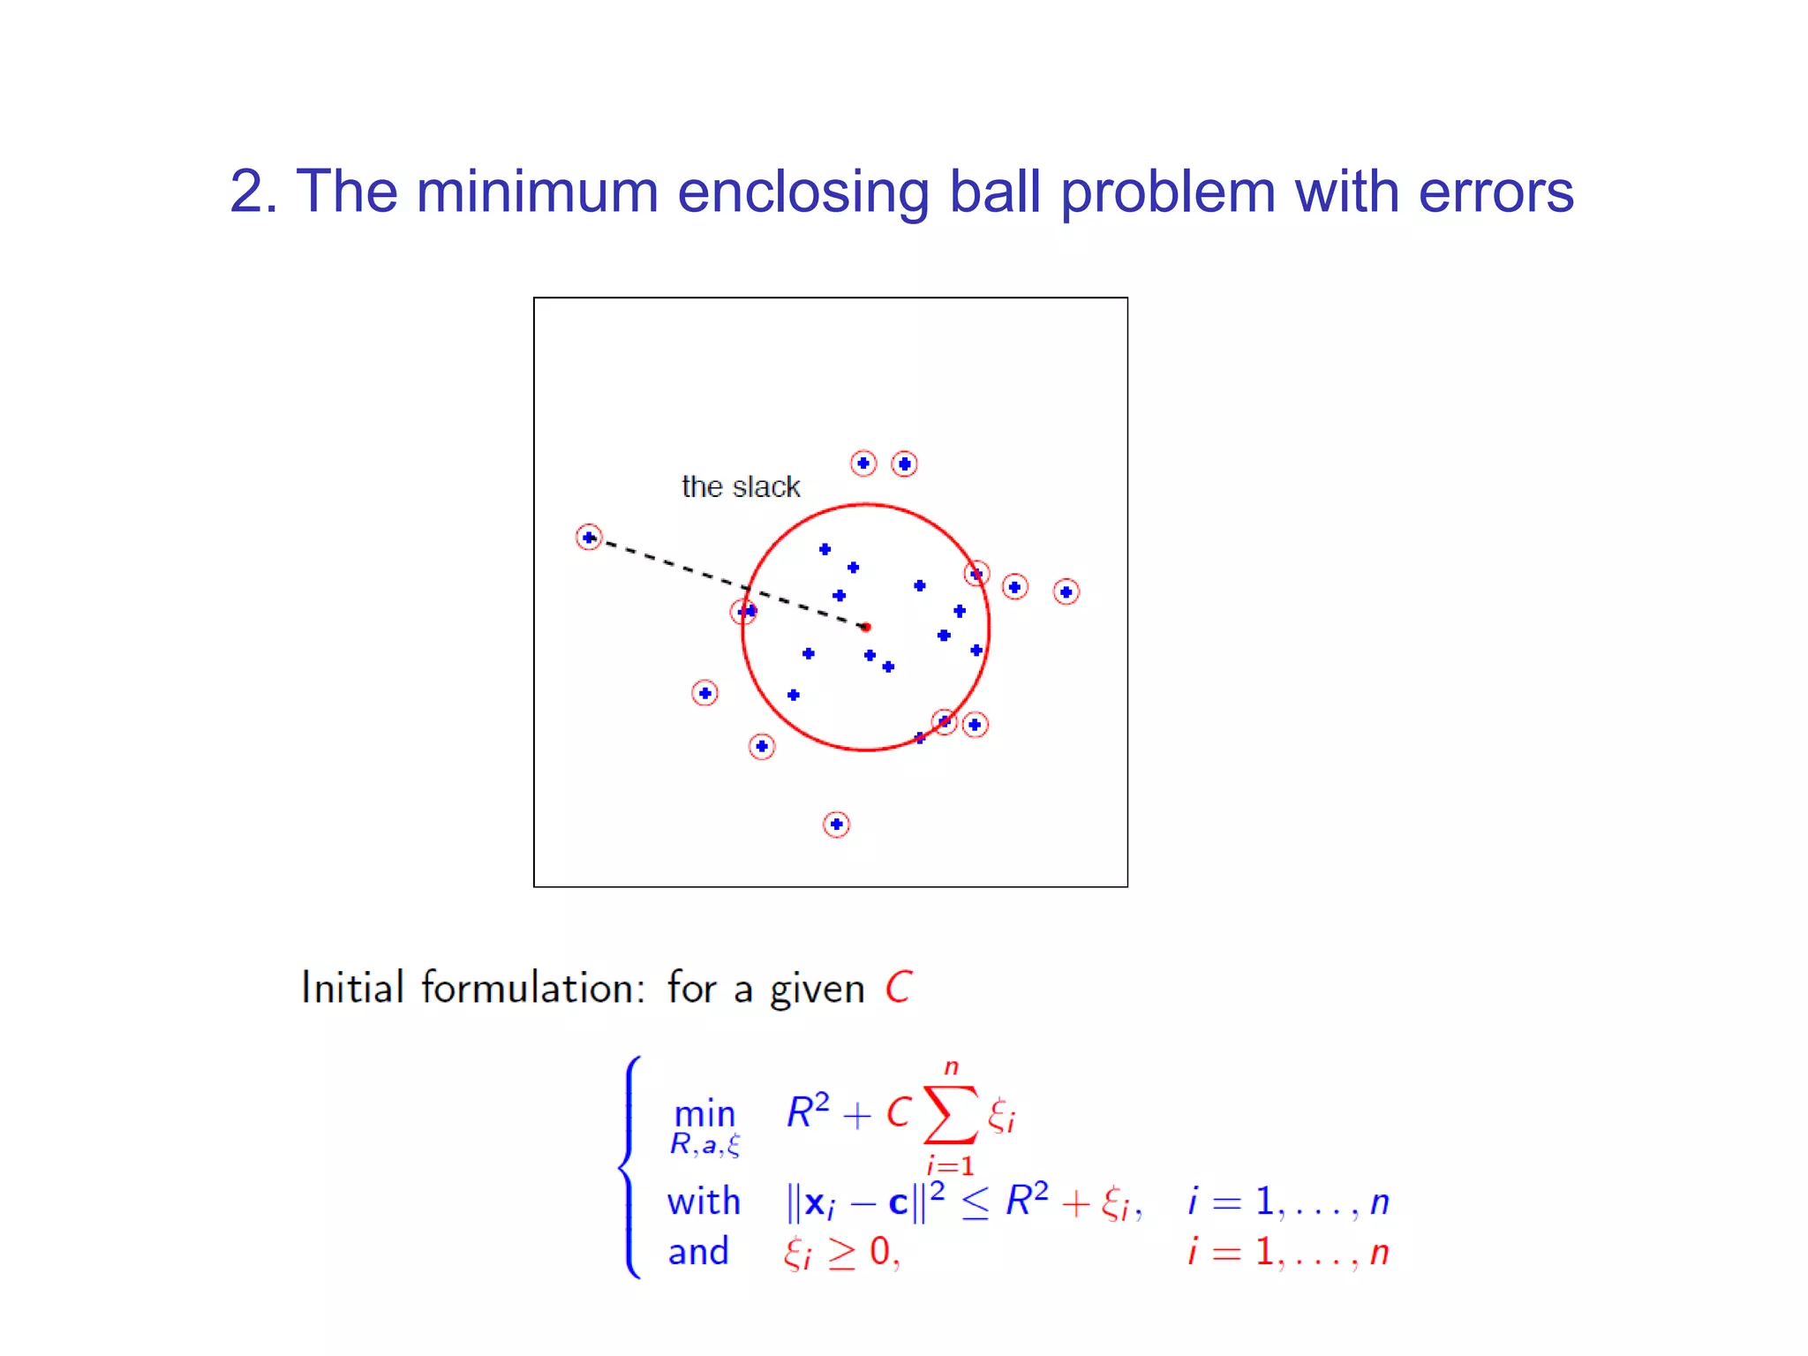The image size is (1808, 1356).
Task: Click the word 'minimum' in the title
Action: [x=537, y=192]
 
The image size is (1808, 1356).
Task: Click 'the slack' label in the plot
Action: [x=741, y=486]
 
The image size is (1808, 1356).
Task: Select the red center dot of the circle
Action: [x=866, y=627]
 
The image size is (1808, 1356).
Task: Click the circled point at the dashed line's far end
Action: [x=589, y=537]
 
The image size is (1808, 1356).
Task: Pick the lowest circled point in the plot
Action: [x=836, y=825]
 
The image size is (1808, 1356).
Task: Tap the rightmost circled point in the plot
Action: [x=1066, y=591]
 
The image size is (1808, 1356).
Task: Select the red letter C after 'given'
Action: [x=899, y=987]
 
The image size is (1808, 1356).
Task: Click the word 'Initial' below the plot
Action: [x=352, y=987]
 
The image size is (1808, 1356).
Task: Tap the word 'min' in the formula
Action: [x=704, y=1114]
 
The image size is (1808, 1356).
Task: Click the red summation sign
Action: [x=950, y=1114]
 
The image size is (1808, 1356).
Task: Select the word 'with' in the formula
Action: [x=704, y=1202]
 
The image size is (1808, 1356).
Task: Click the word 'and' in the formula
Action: [x=698, y=1252]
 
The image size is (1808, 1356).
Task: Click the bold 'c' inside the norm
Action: [x=898, y=1203]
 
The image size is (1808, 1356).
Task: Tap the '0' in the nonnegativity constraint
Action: [x=880, y=1252]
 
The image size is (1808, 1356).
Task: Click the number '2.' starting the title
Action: [x=253, y=192]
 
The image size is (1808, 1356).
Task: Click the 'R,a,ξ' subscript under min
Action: [x=704, y=1145]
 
